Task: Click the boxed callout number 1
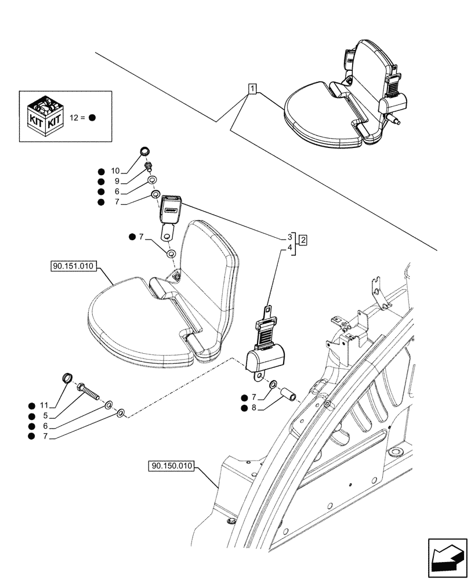pyautogui.click(x=252, y=89)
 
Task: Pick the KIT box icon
pyautogui.click(x=45, y=116)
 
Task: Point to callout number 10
pyautogui.click(x=115, y=171)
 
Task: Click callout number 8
pyautogui.click(x=254, y=408)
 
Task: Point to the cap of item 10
pyautogui.click(x=145, y=153)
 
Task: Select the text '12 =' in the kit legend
pyautogui.click(x=78, y=117)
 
